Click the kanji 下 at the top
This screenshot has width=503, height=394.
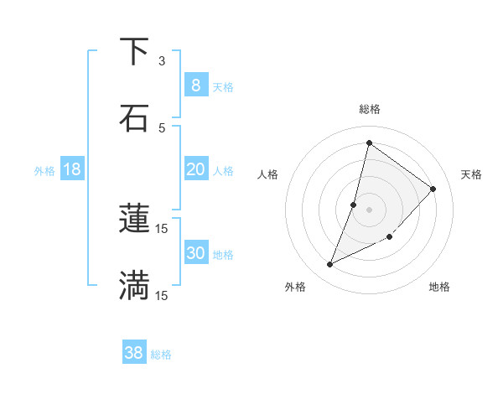(x=134, y=52)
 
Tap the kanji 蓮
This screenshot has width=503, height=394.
(x=134, y=220)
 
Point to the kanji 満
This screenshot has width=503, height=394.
(x=134, y=285)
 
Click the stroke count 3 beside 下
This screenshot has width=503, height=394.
(x=162, y=61)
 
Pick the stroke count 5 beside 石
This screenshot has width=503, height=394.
(x=162, y=127)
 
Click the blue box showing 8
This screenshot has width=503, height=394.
(x=195, y=86)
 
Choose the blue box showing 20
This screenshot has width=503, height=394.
(x=195, y=169)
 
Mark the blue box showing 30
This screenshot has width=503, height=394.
(x=195, y=253)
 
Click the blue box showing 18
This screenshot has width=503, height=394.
(x=72, y=169)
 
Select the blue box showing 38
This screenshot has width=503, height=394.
(x=134, y=353)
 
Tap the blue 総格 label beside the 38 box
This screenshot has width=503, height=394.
(x=161, y=355)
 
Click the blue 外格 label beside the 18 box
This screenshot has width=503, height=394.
(x=44, y=171)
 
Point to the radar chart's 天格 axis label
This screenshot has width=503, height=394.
(x=471, y=174)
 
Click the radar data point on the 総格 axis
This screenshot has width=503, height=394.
(x=369, y=143)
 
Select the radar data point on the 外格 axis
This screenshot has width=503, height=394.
(x=329, y=265)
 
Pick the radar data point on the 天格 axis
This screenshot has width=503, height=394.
(x=433, y=189)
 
